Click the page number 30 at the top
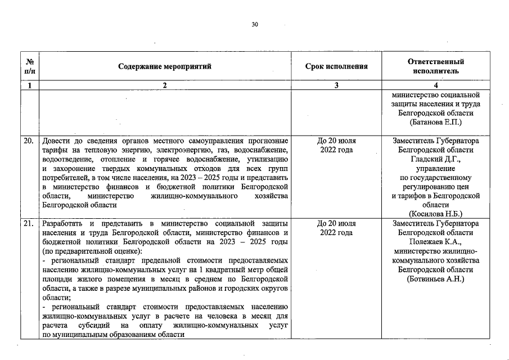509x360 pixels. [255, 25]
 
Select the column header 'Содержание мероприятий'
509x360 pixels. [165, 66]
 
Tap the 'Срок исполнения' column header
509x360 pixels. [336, 66]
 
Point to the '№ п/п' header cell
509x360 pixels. [30, 66]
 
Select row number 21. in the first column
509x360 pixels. [29, 223]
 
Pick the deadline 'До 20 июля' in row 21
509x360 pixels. [336, 223]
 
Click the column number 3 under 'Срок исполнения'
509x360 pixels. [336, 85]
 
